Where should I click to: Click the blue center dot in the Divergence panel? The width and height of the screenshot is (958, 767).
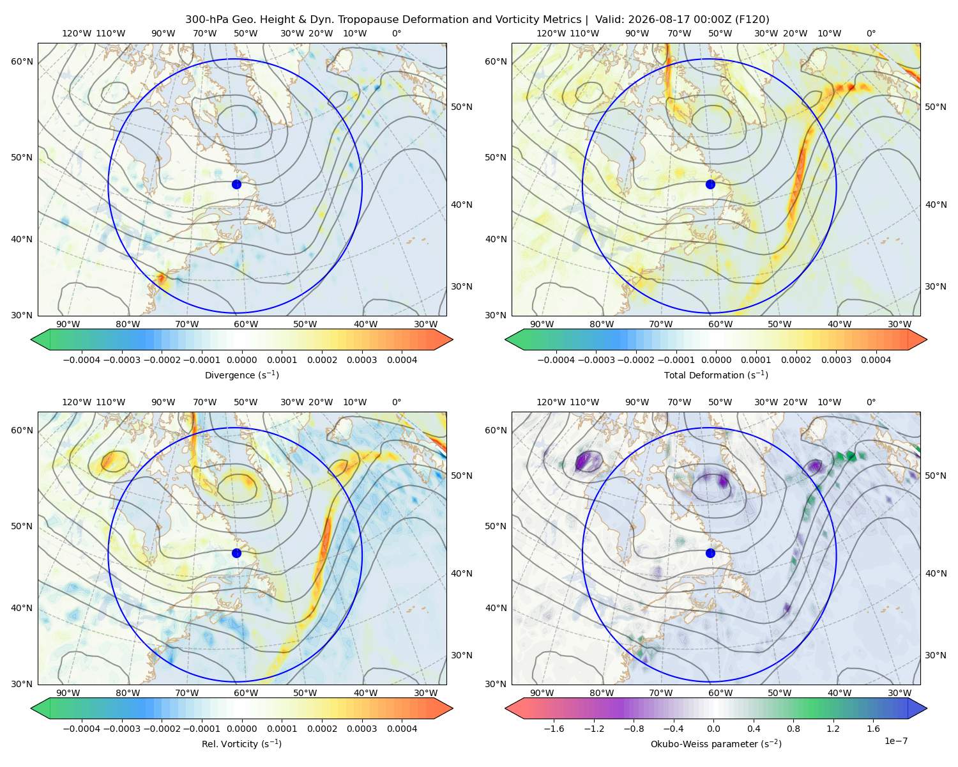point(236,184)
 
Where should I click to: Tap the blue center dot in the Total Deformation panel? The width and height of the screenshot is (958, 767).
point(710,184)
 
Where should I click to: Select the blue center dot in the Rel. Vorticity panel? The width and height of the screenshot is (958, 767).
point(236,553)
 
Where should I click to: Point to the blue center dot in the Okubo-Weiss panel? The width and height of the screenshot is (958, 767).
point(710,553)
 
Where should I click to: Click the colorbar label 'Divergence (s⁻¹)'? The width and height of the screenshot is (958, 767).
point(241,375)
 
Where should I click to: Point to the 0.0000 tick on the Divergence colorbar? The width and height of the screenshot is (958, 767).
point(241,360)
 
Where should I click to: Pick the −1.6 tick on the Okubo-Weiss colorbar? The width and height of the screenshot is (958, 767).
point(554,729)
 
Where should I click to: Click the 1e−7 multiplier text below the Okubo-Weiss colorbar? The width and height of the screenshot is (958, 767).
point(895,741)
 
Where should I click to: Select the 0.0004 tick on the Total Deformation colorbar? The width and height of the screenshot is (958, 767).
point(876,360)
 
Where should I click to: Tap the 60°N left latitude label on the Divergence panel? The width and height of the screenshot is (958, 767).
point(22,61)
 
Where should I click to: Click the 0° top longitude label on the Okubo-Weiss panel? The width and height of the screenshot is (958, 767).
point(871,402)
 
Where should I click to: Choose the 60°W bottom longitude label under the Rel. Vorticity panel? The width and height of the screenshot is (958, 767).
point(246,693)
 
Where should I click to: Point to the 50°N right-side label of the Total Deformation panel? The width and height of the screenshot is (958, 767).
point(936,107)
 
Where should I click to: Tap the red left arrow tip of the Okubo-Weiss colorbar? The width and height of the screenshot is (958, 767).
point(506,708)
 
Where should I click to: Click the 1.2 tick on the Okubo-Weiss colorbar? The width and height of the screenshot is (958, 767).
point(833,729)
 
